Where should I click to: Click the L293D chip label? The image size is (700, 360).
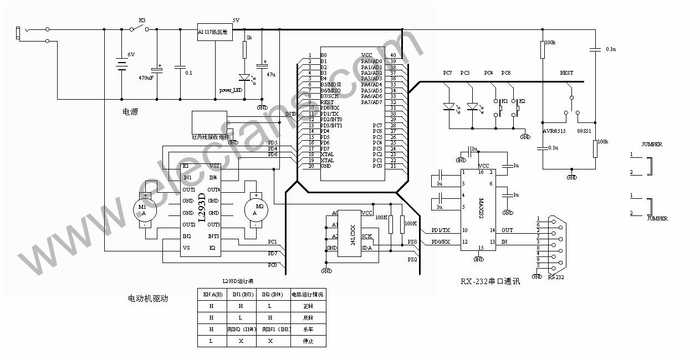point(202,208)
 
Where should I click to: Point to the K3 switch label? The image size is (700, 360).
point(142,20)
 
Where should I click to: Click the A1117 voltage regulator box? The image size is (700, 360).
point(214,32)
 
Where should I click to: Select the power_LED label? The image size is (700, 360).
point(231,89)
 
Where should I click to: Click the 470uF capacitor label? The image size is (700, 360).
point(146,78)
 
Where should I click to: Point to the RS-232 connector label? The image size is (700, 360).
point(556,276)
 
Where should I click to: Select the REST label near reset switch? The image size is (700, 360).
point(566,73)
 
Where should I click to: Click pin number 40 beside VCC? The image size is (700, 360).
point(393,55)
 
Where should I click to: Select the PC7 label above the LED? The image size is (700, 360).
point(447,73)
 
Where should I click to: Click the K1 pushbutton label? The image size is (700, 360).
point(504,101)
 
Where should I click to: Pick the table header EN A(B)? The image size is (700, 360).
point(213,294)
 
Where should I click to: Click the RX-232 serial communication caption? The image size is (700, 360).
point(490,281)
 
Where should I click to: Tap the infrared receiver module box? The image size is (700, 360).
point(206,122)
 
